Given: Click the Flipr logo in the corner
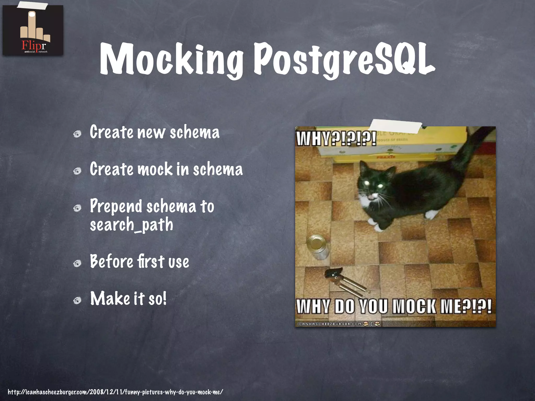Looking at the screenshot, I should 33,30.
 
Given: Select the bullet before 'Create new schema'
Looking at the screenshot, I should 77,134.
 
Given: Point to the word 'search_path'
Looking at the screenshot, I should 131,225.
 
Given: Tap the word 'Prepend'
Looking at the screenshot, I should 116,206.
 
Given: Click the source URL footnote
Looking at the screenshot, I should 115,392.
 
